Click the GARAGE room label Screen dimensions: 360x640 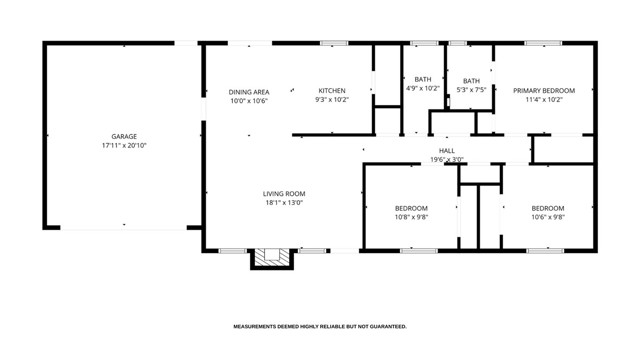click(x=124, y=137)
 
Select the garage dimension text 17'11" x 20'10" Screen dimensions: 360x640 click(x=124, y=146)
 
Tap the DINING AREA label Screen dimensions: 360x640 click(x=249, y=91)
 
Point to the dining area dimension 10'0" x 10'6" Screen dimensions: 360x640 click(x=249, y=100)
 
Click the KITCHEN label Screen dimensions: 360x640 click(x=332, y=91)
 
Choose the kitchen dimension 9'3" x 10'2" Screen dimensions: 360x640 click(x=332, y=100)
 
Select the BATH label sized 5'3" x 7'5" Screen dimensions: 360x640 click(x=471, y=81)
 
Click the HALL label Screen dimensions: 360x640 click(x=446, y=150)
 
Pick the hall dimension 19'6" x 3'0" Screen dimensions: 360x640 click(x=446, y=159)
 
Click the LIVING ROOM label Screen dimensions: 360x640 click(x=284, y=193)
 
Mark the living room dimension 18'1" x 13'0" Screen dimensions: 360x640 click(x=284, y=202)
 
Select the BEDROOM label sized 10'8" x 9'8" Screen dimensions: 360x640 click(x=411, y=208)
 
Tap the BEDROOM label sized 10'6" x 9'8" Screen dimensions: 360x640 click(x=547, y=208)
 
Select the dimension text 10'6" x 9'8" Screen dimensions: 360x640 click(x=547, y=217)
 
